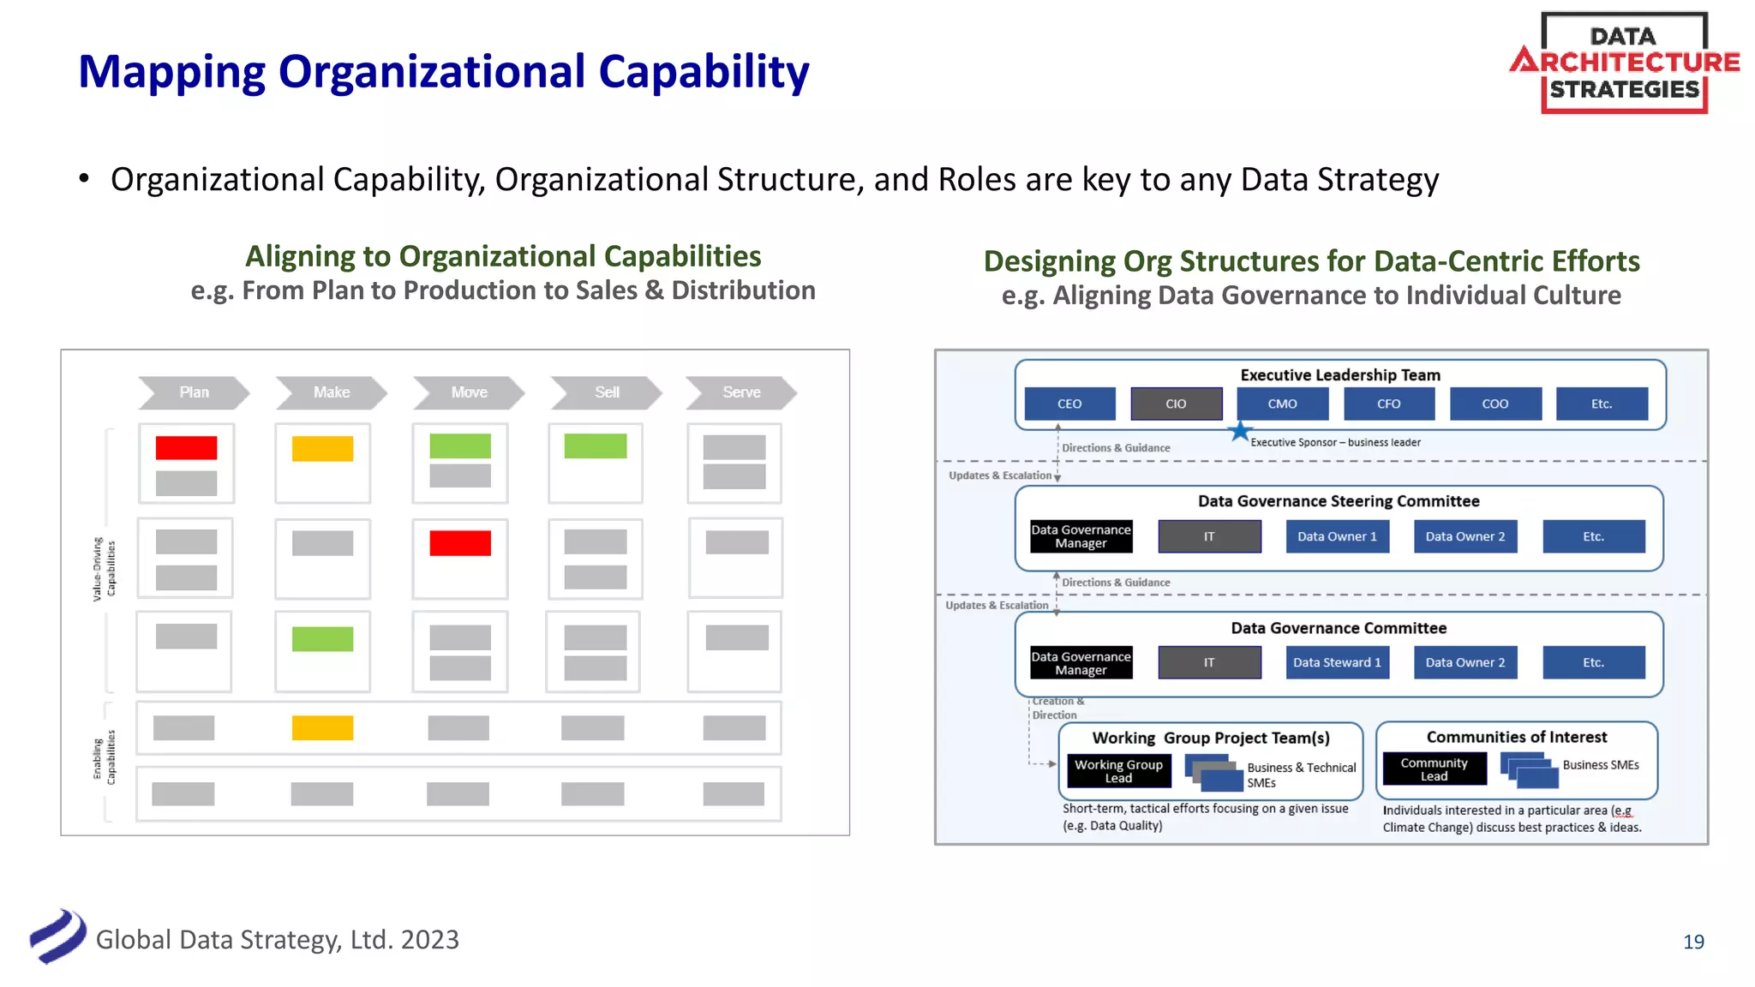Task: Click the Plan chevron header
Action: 194,392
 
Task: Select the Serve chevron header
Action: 741,392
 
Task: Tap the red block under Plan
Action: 186,448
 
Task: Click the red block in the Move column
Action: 460,543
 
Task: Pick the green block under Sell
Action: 596,446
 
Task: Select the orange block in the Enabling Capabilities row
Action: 322,728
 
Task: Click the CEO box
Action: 1069,404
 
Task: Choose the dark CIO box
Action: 1176,404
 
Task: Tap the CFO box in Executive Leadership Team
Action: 1388,404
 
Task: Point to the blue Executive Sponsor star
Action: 1239,432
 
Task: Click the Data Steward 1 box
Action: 1337,662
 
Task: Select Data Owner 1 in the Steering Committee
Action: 1337,536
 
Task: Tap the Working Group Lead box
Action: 1118,771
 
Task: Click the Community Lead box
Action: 1434,769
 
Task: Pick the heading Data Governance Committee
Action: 1339,628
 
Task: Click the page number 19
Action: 1693,942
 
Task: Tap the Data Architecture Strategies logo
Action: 1624,63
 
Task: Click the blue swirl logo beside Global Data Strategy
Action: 57,936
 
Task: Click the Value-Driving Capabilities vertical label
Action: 104,570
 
